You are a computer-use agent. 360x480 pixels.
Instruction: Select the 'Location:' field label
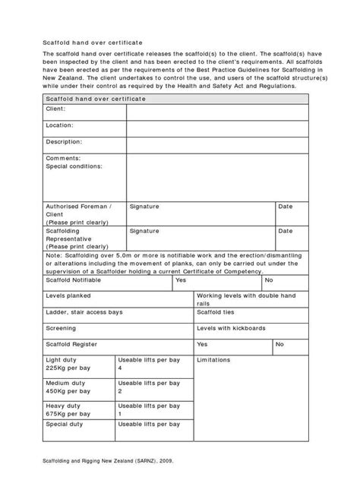(x=60, y=125)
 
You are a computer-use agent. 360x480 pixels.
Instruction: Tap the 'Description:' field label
(x=64, y=141)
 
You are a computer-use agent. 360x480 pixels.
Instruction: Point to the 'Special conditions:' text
(x=74, y=165)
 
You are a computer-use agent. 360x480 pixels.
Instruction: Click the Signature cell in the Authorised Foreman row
(x=144, y=207)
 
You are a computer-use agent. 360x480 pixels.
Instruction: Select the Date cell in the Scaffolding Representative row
(x=286, y=230)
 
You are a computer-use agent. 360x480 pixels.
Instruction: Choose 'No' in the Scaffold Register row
(x=279, y=344)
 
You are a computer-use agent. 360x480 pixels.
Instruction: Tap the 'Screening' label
(x=62, y=328)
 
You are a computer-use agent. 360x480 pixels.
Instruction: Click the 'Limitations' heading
(x=217, y=359)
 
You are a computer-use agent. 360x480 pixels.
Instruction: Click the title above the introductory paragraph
(x=92, y=43)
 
